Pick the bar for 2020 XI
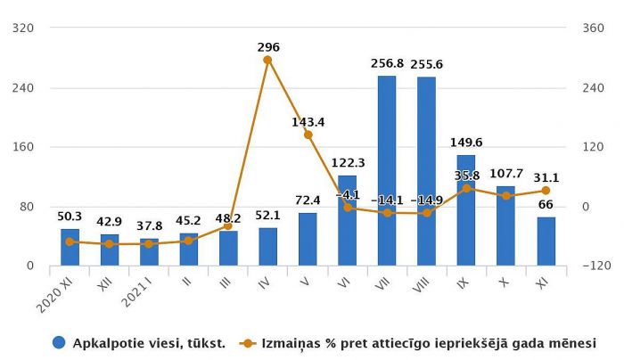click(70, 247)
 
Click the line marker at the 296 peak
click(267, 60)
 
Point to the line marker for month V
click(308, 135)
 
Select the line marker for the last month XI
click(546, 191)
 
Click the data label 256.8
click(387, 63)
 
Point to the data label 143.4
click(308, 121)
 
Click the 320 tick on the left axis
click(24, 28)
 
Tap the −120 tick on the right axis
click(590, 266)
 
